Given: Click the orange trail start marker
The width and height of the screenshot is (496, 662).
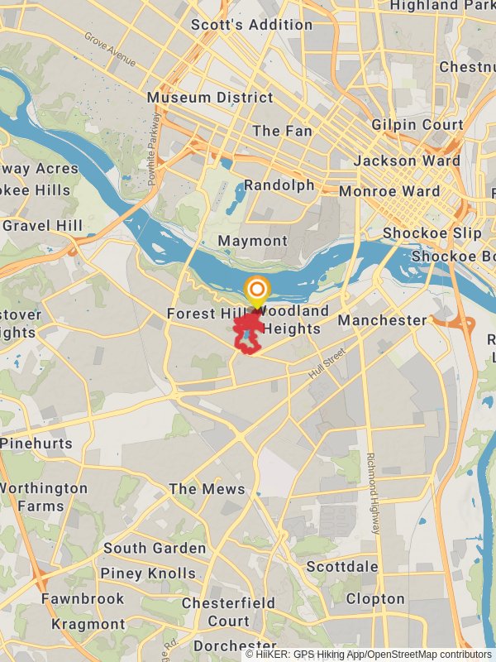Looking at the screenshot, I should point(257,290).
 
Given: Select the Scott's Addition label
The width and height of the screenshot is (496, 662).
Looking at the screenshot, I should point(251,25).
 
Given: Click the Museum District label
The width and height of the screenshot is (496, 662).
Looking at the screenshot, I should point(210,98).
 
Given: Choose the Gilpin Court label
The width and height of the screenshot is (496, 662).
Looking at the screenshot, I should point(417,125).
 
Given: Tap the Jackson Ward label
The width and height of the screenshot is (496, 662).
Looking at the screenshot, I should point(407,161).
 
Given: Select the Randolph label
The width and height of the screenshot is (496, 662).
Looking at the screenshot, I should point(279,185).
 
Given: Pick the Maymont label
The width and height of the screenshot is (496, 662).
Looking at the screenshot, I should point(252,241).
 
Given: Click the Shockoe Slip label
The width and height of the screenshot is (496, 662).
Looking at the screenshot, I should point(432,233).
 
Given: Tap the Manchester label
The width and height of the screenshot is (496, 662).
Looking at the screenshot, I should point(382,319).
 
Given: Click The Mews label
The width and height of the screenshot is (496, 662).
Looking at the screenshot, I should point(207,489).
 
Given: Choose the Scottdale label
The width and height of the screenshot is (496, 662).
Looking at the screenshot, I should point(342,567).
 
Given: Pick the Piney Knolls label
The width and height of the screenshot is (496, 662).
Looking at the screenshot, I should point(148,573).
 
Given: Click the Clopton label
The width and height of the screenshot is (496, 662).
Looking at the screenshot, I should point(375,598).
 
